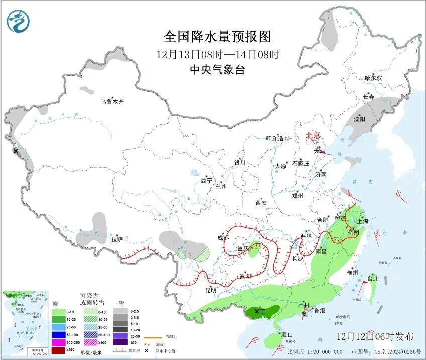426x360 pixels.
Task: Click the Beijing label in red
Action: [313, 135]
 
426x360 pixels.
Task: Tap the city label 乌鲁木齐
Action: [111, 102]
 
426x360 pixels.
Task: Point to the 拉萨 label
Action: [116, 239]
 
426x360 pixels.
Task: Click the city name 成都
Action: [223, 238]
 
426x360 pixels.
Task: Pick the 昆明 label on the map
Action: [211, 290]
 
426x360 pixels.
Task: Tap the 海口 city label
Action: [287, 334]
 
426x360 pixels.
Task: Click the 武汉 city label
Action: [306, 235]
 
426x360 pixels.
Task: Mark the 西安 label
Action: [261, 203]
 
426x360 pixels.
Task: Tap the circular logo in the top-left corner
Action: [19, 21]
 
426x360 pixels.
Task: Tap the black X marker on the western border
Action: [16, 151]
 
